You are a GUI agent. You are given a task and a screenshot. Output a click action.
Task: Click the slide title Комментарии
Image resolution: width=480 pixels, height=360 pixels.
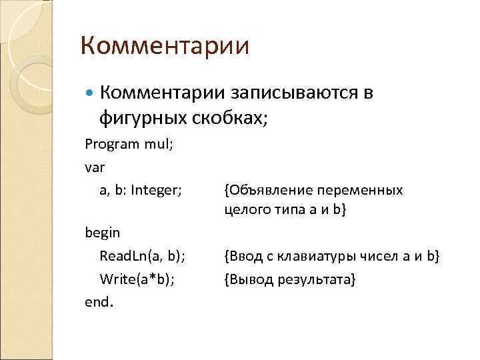coord(165,47)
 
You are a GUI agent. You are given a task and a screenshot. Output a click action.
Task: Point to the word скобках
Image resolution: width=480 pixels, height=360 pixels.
coord(230,118)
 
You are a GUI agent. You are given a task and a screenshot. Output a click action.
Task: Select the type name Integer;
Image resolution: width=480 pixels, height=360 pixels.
coord(157,190)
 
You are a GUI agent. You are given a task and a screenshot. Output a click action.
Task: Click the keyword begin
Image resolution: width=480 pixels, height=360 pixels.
coord(102,233)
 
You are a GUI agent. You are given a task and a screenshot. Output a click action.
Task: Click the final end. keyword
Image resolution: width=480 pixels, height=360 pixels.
coord(99,301)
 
